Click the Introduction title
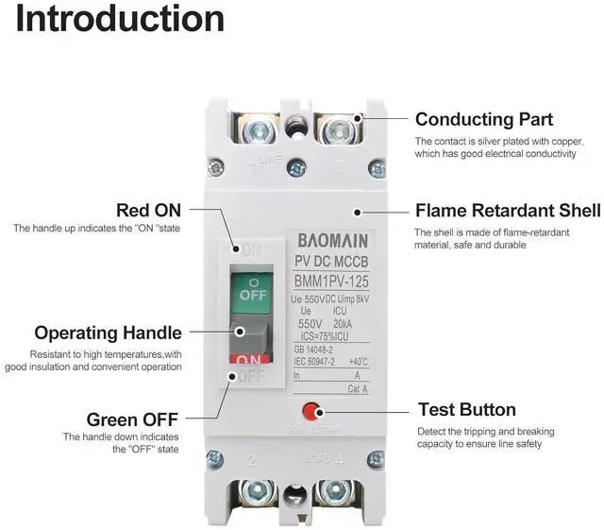pos(120,19)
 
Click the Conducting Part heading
pos(484,120)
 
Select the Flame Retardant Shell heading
pos(508,210)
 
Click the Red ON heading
pos(148,209)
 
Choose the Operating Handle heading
pos(109,333)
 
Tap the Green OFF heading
pos(133,419)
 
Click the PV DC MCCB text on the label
pos(327,262)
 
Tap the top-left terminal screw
pos(259,128)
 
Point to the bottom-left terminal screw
pos(257,491)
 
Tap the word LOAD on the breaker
pos(316,458)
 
